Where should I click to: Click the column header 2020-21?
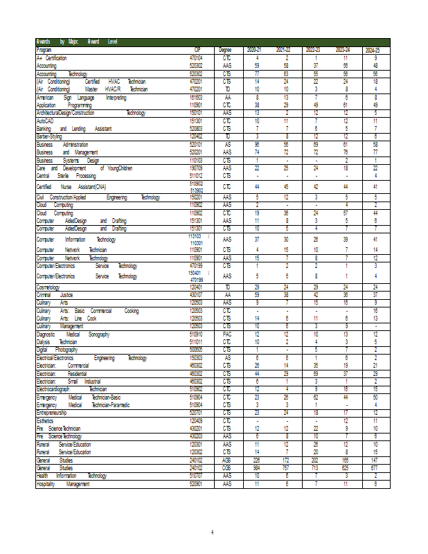coord(254,50)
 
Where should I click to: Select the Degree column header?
coord(225,50)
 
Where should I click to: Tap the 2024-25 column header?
coord(373,50)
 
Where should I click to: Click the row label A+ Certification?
coord(52,56)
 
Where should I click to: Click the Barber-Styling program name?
coord(50,136)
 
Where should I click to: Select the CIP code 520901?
coord(196,484)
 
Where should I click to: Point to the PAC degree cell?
coord(226,334)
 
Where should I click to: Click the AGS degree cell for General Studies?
coord(226,460)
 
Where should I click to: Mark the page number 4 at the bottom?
coord(213,532)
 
